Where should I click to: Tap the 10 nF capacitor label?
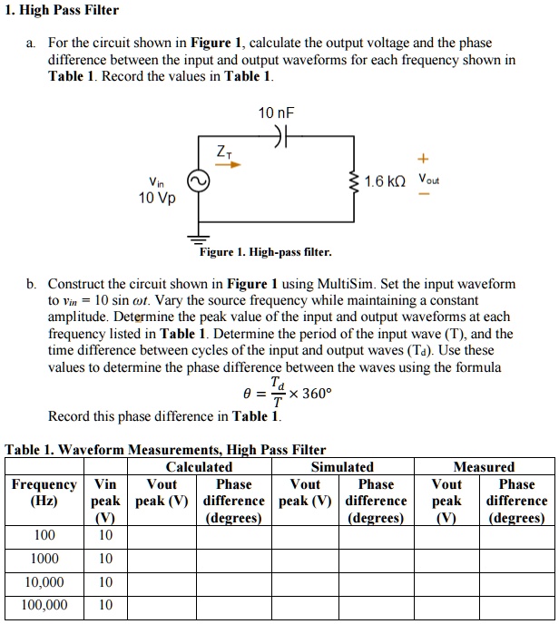pos(277,113)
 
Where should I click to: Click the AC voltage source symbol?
pos(197,180)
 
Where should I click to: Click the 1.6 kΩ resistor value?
pos(385,181)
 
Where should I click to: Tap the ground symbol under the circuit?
pos(197,238)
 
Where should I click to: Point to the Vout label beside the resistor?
pos(428,179)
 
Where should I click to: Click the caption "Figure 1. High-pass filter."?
pos(265,251)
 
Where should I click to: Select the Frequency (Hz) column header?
pos(44,492)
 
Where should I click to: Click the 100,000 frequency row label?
pos(44,604)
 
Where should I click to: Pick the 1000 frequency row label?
pos(44,559)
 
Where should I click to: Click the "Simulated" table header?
pos(342,466)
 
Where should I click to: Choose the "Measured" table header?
pos(488,466)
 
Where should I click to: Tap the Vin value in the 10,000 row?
pos(106,581)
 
